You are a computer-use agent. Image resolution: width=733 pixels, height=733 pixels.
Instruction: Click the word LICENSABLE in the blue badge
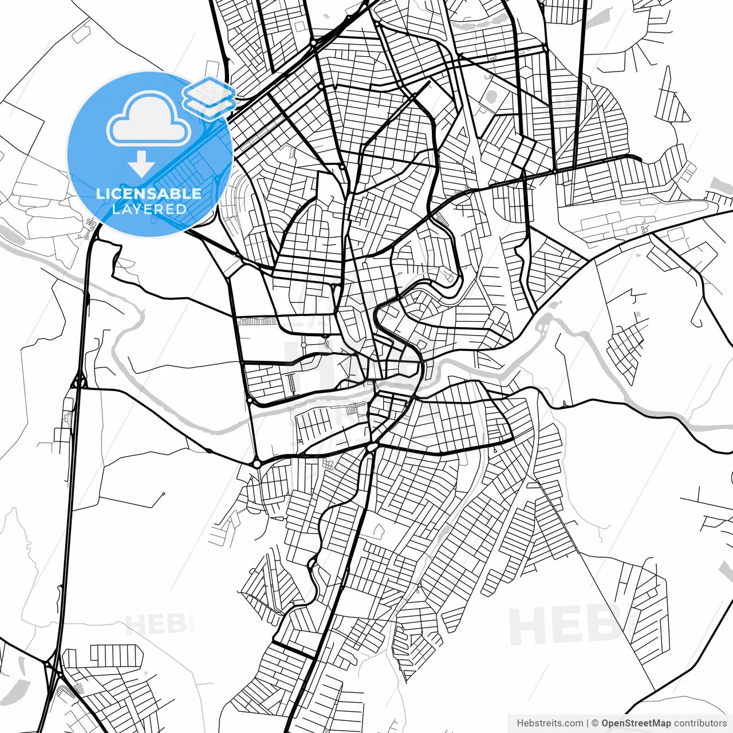point(149,194)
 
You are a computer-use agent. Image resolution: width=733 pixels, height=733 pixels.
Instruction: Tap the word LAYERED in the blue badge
point(149,209)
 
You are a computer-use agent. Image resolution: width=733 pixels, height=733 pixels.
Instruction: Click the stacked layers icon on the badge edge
point(209,98)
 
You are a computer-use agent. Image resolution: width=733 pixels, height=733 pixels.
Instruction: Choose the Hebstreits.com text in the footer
point(550,723)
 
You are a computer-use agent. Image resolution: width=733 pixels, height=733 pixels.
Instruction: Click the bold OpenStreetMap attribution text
point(636,723)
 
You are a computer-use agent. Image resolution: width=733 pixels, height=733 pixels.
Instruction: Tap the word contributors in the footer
point(700,723)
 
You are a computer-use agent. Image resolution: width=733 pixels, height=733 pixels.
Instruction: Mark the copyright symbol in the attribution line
point(595,723)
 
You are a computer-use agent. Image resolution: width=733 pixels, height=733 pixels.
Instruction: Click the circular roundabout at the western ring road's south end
point(257,463)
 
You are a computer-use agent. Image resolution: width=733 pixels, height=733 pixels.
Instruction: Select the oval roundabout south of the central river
point(373,446)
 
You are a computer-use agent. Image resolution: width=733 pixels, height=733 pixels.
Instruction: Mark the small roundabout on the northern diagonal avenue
point(313,43)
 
